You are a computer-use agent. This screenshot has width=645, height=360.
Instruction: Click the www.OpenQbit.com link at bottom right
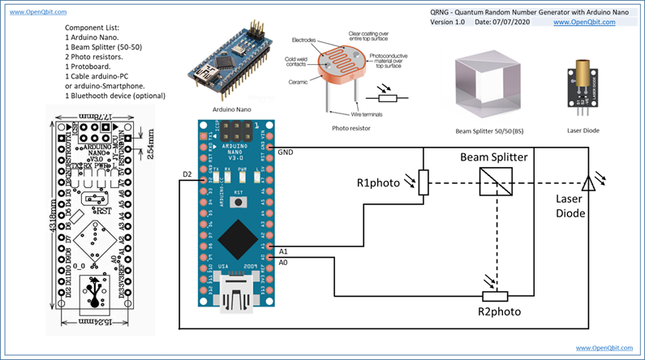(606, 348)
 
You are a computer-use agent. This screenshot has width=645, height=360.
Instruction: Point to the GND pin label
(286, 152)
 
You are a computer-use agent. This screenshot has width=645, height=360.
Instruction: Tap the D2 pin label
(187, 174)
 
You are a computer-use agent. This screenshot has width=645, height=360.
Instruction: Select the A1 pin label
(283, 251)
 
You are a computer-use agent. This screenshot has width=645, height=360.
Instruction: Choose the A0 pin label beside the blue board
(283, 263)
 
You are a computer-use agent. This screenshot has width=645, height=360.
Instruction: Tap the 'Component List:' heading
(92, 28)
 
